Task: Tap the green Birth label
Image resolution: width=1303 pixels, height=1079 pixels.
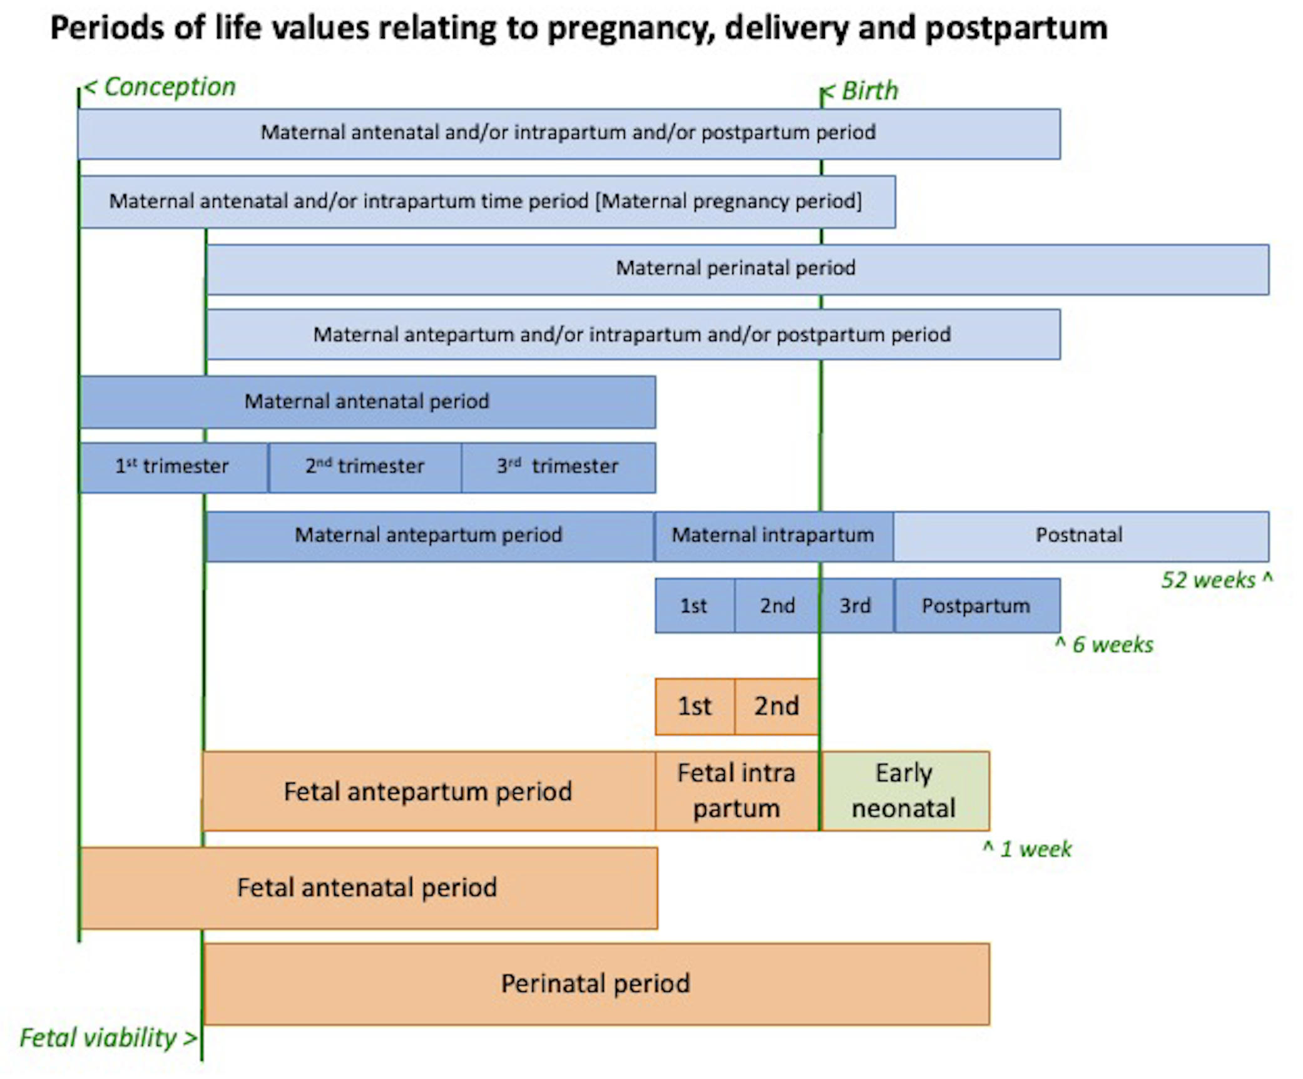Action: click(869, 91)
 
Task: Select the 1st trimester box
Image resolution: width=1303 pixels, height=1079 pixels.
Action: click(173, 467)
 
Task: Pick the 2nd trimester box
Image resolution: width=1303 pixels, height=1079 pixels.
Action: click(365, 467)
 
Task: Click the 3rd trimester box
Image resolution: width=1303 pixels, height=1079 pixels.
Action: click(558, 467)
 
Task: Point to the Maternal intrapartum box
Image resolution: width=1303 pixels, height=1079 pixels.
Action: click(773, 536)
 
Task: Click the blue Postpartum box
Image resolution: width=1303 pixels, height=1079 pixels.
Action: click(976, 606)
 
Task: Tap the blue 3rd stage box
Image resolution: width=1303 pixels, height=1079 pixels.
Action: click(855, 606)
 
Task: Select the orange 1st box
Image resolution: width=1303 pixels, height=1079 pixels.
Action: click(695, 707)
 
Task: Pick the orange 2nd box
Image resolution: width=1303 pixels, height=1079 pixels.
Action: click(776, 707)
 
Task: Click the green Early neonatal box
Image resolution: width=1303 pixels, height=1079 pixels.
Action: click(904, 791)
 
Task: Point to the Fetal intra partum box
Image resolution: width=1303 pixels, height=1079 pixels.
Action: click(737, 791)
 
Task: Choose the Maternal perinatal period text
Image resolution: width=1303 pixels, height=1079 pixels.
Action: click(735, 268)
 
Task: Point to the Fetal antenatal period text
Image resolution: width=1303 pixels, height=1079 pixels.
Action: click(367, 888)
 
